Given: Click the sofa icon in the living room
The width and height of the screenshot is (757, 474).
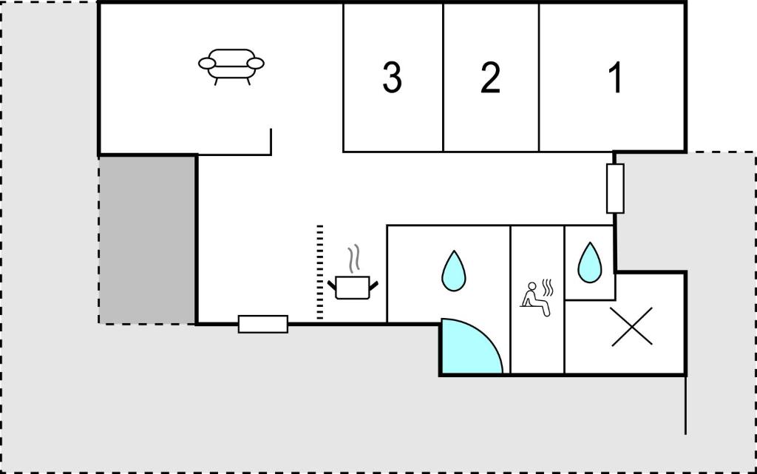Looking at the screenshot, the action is coord(231,66).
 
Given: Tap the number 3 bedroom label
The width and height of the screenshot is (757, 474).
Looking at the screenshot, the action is coord(392,77).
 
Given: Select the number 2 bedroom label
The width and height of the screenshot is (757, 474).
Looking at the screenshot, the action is coord(491,77).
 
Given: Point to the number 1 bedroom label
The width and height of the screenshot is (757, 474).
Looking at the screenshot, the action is coord(616,77).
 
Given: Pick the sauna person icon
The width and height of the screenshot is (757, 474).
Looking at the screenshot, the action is coord(537,298).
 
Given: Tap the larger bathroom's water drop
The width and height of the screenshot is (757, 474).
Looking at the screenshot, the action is coord(454,271).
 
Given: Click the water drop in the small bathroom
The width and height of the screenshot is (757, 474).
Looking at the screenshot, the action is coord(589,263).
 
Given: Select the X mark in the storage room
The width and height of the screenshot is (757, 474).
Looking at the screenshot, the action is coord(631,327).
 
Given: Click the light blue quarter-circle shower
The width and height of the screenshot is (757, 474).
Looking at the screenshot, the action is coord(468,348).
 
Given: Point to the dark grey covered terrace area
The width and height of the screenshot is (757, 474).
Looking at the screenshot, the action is coord(147,240).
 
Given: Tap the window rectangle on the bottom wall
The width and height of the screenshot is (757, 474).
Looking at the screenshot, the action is coord(263,324).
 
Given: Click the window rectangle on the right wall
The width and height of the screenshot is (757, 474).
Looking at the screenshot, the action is coord(615,189).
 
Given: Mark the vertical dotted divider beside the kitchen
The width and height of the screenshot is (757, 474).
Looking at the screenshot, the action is coord(319,272).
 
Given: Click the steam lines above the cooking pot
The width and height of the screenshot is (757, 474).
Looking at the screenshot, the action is coord(355,260).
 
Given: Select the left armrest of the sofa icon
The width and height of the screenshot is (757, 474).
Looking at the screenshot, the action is coord(207,64).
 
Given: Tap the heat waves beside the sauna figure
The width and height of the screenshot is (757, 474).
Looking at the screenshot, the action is coord(548,288).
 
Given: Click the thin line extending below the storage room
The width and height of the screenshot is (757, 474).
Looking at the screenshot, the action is coord(686,405).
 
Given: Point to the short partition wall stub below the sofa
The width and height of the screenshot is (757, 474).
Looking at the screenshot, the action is coord(271,142).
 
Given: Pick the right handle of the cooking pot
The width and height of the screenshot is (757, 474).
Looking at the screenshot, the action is coord(373,285).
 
